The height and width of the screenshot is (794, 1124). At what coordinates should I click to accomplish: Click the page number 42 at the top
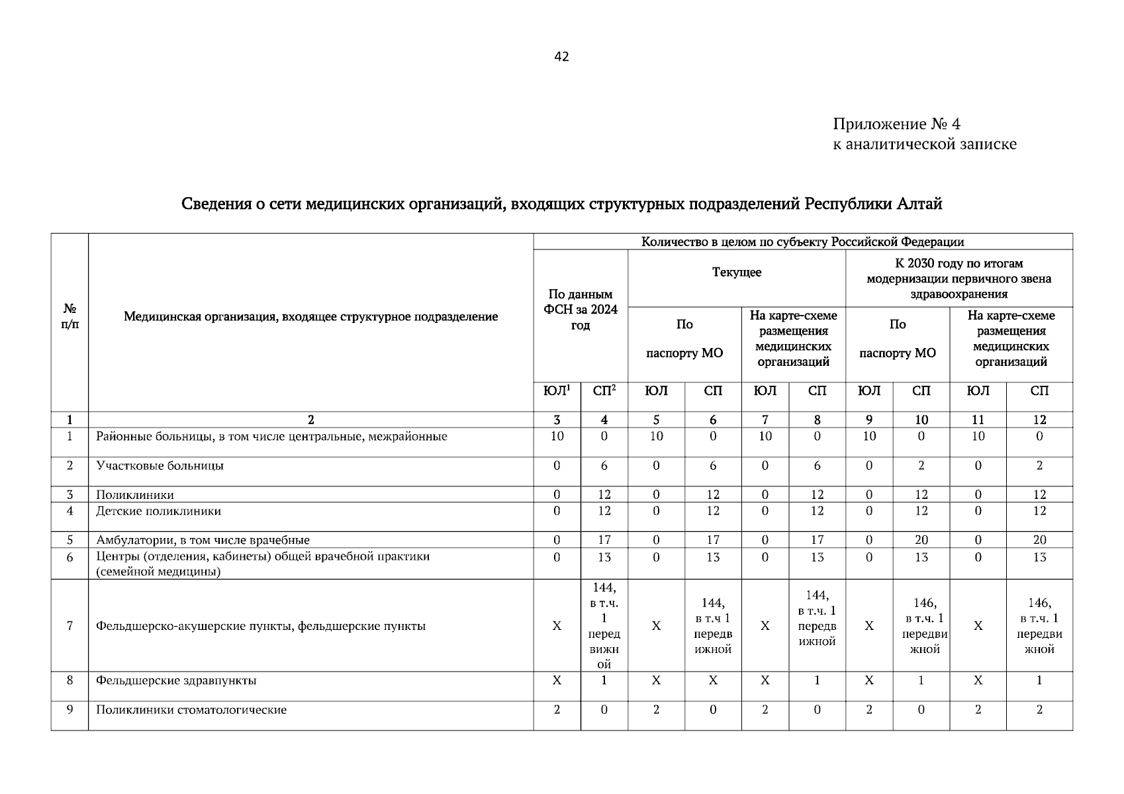point(561,57)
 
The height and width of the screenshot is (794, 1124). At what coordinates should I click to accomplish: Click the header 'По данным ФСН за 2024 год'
point(580,310)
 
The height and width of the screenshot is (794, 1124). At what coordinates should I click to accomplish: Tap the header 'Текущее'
point(736,273)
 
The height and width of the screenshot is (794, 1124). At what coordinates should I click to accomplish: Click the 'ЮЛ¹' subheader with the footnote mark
point(557,391)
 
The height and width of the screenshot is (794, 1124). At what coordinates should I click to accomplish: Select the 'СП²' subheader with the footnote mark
point(604,391)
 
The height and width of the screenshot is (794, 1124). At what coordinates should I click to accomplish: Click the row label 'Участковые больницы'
point(160,466)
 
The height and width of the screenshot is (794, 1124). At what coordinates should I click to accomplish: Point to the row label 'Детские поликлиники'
point(158,511)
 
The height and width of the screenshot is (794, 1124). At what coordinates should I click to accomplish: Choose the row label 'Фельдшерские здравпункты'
point(176,681)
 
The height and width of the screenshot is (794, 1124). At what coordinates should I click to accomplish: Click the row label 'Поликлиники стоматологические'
point(191,710)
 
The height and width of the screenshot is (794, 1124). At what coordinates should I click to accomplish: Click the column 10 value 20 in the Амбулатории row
point(921,540)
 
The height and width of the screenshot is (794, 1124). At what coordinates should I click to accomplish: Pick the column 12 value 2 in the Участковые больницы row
point(1039,466)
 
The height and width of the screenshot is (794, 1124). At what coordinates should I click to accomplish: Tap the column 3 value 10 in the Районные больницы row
point(557,437)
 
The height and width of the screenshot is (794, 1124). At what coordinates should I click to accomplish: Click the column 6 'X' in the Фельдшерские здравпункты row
point(712,681)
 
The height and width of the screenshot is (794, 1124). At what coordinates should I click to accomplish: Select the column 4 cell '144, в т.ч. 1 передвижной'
point(604,626)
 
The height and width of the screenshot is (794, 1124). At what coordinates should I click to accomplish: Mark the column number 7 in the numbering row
point(765,420)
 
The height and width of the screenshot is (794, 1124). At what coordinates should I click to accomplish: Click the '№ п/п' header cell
point(69,316)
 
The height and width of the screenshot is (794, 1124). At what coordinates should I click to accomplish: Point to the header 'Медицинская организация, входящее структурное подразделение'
point(310,317)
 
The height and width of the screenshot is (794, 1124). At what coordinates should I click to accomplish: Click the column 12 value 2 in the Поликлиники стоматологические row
point(1039,710)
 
